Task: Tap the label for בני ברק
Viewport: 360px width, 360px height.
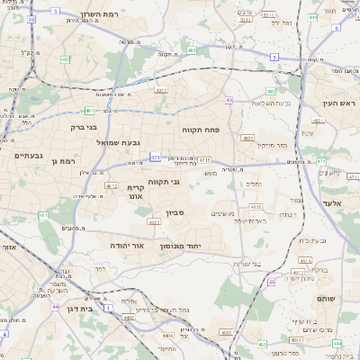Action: coord(83,127)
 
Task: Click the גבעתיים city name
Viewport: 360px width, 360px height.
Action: coord(28,155)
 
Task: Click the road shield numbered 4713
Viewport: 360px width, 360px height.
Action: coord(205,160)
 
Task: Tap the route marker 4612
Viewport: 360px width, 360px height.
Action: coord(111,186)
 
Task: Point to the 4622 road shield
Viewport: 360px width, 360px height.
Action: coord(153,221)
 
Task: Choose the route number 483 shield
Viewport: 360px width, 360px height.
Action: coord(247,139)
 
